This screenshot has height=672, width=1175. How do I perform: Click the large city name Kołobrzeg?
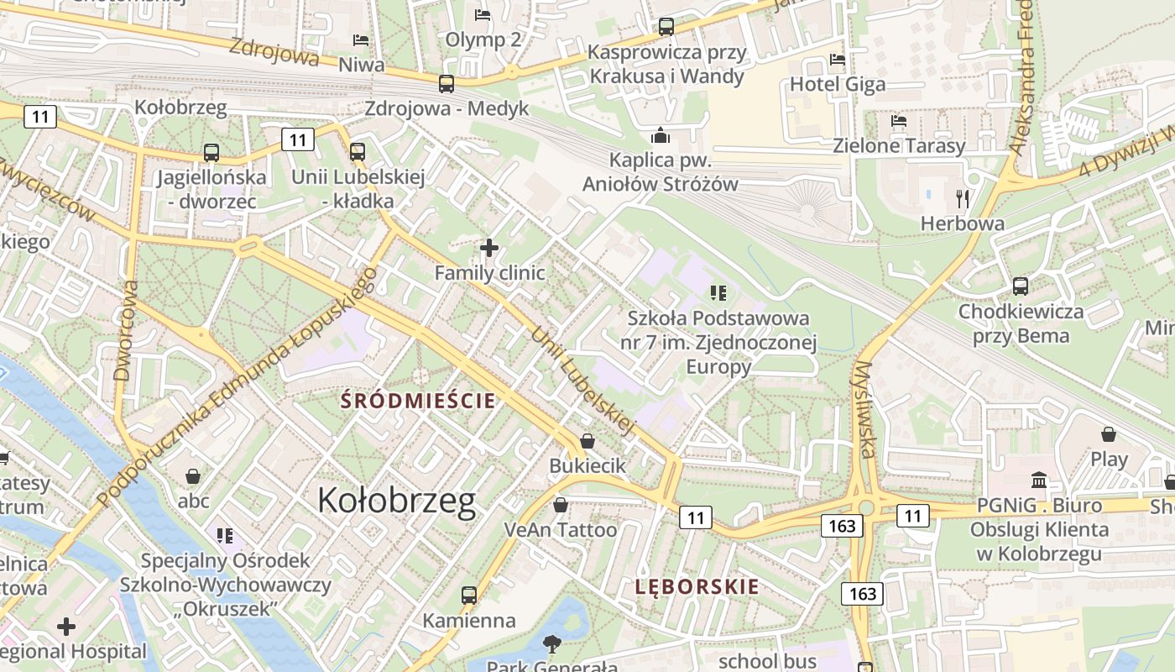(396, 501)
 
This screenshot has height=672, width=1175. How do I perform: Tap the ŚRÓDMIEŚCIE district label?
(417, 401)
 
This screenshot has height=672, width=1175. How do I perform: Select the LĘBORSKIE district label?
(697, 586)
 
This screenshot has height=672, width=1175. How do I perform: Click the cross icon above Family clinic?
(489, 248)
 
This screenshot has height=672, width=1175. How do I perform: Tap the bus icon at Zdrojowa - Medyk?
(446, 84)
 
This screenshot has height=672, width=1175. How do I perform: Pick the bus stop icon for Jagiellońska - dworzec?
(211, 153)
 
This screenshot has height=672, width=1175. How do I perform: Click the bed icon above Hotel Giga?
(837, 60)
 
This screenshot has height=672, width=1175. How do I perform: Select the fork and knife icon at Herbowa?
(963, 199)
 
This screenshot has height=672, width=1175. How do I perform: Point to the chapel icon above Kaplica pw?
(661, 135)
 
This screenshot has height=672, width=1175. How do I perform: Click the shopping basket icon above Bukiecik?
(587, 441)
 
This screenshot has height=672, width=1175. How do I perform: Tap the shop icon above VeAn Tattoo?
(560, 505)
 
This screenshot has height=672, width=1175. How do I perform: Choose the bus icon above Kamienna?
(469, 596)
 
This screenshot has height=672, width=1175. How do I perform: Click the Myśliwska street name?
(864, 410)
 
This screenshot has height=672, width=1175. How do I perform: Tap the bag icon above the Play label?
(1109, 434)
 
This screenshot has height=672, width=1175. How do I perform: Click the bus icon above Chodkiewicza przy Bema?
(1021, 286)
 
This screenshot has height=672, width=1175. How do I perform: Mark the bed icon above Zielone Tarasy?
(899, 121)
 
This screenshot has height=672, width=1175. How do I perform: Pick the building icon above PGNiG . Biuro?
(1039, 480)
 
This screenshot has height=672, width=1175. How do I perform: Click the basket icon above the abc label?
(193, 476)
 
